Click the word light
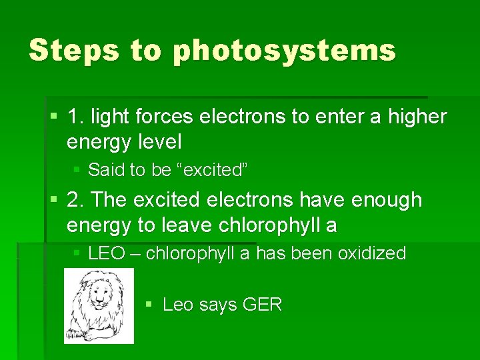pyautogui.click(x=111, y=117)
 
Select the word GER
pyautogui.click(x=263, y=305)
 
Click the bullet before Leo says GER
pyautogui.click(x=150, y=305)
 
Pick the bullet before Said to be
pyautogui.click(x=77, y=170)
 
